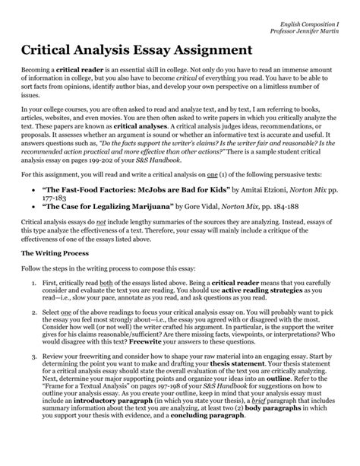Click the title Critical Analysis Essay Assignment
136,50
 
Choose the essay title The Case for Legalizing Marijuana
119,227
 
